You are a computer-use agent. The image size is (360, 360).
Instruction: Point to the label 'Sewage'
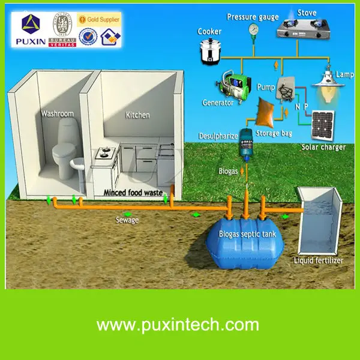coord(127,220)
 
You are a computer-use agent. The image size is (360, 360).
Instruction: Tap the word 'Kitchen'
coord(137,115)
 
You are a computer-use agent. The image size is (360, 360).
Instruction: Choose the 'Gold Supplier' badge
coord(100,20)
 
